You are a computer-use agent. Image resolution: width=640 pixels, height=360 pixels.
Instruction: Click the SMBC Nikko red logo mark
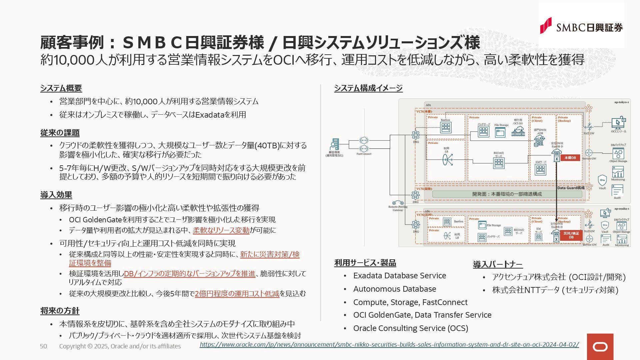pos(546,26)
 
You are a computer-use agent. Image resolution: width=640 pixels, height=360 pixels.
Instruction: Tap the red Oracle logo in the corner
pos(600,347)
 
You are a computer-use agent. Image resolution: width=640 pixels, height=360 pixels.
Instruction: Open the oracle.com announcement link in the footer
pos(389,345)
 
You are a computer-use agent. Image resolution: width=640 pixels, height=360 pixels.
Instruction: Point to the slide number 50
pos(43,346)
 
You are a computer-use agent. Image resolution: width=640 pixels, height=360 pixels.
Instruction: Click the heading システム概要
pos(61,88)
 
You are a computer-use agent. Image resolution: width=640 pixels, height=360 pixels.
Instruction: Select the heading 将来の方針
pos(60,311)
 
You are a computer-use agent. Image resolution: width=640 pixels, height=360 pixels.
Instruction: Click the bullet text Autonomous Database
pos(394,289)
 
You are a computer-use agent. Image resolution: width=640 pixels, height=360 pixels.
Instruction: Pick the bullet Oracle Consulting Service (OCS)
pos(410,328)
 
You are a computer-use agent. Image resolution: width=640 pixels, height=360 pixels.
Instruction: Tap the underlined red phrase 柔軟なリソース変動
pos(221,230)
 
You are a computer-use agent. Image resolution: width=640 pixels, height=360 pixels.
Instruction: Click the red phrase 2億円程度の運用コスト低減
pos(237,294)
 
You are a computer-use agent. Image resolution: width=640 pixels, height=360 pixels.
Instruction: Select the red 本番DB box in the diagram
pos(570,158)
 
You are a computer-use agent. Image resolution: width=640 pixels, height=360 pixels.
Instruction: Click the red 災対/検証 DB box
pos(571,235)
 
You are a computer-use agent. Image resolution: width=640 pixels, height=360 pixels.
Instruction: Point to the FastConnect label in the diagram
pos(364,154)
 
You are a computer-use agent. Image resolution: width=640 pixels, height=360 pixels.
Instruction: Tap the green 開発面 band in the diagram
pos(507,194)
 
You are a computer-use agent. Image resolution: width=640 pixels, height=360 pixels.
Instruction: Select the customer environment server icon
pos(334,144)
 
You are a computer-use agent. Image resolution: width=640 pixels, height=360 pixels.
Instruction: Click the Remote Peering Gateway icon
pos(398,203)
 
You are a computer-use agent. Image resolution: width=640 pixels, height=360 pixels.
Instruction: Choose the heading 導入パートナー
pos(497,265)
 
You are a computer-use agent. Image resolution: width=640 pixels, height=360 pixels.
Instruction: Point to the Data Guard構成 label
pos(571,188)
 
